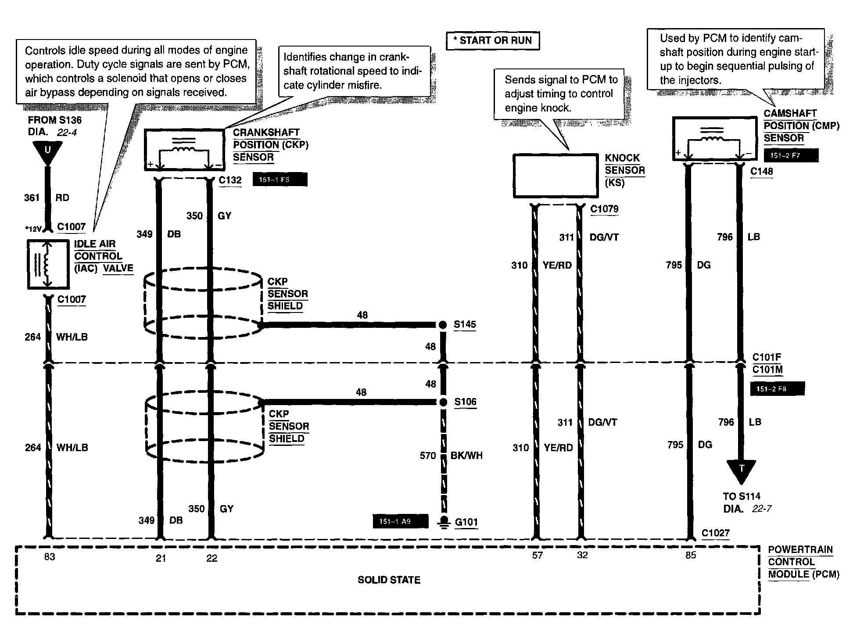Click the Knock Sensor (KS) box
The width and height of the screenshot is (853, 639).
pyautogui.click(x=556, y=176)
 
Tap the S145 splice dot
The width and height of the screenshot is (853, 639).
pyautogui.click(x=443, y=325)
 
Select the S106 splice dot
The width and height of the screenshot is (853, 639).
pyautogui.click(x=443, y=402)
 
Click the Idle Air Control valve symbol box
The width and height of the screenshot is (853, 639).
pyautogui.click(x=48, y=264)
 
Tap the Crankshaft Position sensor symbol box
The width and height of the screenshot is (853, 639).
pyautogui.click(x=184, y=150)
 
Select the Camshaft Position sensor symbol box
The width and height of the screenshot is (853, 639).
pyautogui.click(x=714, y=138)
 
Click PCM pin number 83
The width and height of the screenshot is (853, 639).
pyautogui.click(x=49, y=557)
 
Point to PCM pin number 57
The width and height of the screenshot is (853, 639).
pyautogui.click(x=537, y=556)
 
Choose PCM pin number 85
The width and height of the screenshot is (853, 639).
pyautogui.click(x=691, y=556)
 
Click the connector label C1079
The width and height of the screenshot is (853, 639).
pyautogui.click(x=604, y=209)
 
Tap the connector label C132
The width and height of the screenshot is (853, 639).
pyautogui.click(x=230, y=180)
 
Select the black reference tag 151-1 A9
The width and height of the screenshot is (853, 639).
pyautogui.click(x=400, y=521)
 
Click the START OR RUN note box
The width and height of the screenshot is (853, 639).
pyautogui.click(x=492, y=41)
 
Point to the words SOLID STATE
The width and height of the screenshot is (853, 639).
pyautogui.click(x=389, y=580)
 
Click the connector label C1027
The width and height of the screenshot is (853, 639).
pyautogui.click(x=715, y=533)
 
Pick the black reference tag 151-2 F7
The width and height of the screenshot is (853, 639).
pyautogui.click(x=791, y=155)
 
